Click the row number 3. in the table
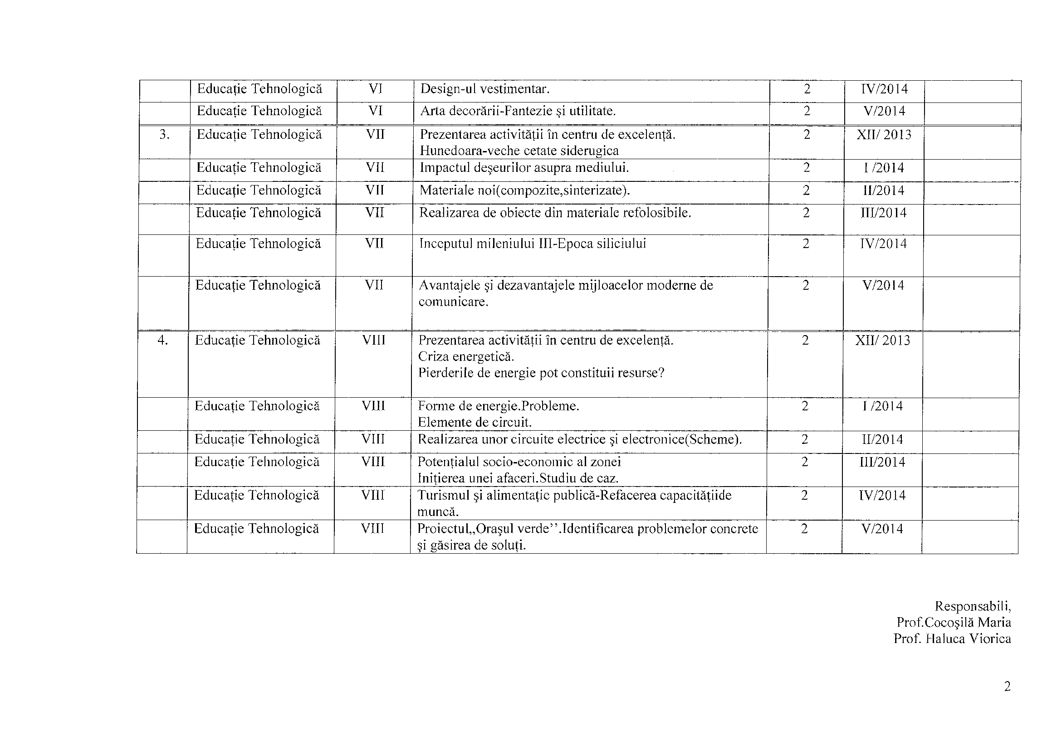pos(164,135)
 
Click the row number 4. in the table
pos(162,341)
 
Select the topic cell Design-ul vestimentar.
pos(484,89)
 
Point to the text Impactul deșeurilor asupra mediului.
pos(524,168)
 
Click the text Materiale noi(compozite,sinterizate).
pos(524,190)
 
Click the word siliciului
pos(621,244)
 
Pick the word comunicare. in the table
pos(453,302)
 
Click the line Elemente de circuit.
pos(475,423)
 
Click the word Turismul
pos(444,496)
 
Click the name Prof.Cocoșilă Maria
pos(954,622)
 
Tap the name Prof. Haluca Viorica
pos(952,639)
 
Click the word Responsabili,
pos(973,606)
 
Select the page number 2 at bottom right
pos(1007,687)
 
